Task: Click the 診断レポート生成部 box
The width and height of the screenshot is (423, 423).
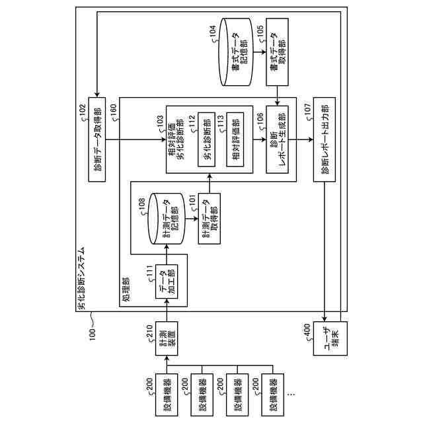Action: pos(278,139)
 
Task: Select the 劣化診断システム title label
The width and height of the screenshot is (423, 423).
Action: pos(82,278)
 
